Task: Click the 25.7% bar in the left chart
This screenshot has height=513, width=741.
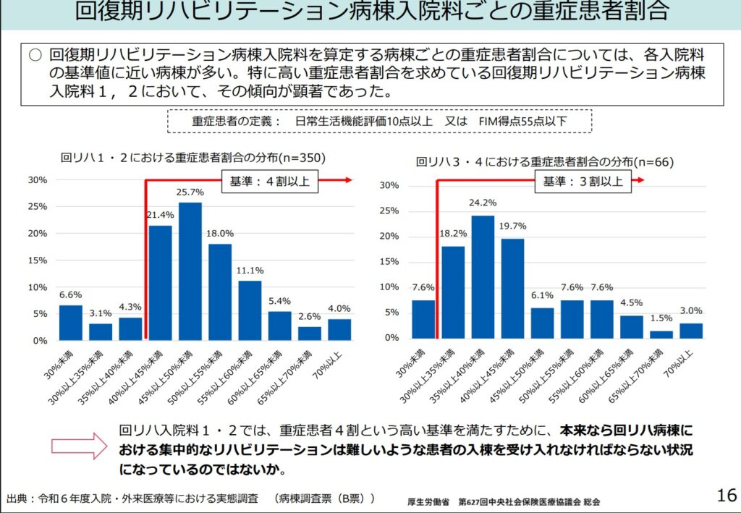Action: [x=190, y=271]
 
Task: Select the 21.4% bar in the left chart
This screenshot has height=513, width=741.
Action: [x=160, y=283]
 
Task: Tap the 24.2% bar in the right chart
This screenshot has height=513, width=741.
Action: [x=483, y=276]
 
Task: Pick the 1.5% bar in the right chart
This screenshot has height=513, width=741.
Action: [x=661, y=334]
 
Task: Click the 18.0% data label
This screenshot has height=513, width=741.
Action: [x=220, y=234]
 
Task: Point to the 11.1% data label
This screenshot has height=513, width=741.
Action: [x=250, y=271]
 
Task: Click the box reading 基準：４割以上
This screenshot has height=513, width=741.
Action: [x=269, y=182]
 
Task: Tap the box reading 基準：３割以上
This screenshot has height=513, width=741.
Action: [x=583, y=182]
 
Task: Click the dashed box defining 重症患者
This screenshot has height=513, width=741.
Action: [x=379, y=121]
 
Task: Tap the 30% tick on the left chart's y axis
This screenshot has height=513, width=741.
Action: [x=38, y=179]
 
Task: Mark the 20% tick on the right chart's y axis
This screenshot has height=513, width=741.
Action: [x=389, y=237]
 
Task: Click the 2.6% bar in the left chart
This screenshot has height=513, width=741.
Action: [x=309, y=333]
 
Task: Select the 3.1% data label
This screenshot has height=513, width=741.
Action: [x=101, y=313]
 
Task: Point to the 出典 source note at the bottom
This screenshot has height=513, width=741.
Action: [x=191, y=499]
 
